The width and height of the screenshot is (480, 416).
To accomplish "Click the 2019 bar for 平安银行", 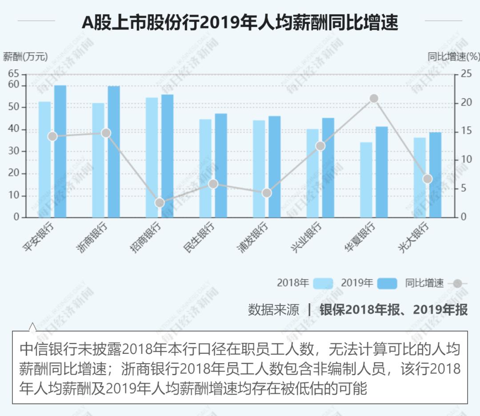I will pos(60,151).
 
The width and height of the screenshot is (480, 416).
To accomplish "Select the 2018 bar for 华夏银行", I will pos(366,180).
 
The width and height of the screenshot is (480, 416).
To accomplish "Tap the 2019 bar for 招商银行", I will pos(168,155).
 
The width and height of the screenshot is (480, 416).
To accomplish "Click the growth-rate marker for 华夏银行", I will pos(374,99).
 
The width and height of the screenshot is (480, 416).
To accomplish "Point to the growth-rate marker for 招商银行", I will pos(160,203).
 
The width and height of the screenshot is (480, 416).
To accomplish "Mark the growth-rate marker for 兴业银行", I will pos(320,146).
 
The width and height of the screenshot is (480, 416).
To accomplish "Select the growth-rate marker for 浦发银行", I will pos(267,193).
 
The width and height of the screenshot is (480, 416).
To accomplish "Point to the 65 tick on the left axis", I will pos(14,74).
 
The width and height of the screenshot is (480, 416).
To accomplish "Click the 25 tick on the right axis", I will pos(465,74).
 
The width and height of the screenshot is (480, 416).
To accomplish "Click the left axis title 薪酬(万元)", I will pos(25,57).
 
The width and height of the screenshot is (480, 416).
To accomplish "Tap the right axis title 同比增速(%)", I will pos(453,57).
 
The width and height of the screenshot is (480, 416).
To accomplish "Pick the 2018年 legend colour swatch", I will pos(323,283).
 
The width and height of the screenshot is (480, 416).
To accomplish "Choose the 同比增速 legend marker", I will pos(458,283).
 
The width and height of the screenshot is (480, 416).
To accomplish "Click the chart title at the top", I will pos(240,22).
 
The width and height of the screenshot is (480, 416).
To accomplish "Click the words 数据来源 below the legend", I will pos(273,310).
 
